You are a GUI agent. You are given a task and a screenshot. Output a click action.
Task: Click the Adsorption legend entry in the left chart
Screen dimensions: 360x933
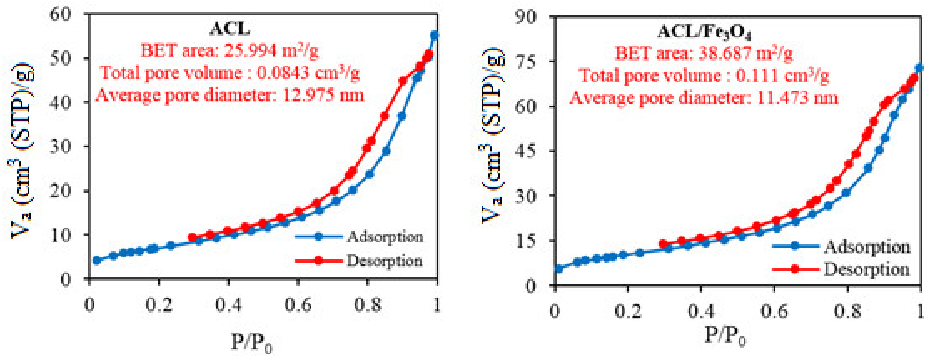coord(385,237)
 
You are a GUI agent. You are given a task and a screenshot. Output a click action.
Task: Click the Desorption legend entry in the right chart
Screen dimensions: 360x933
coord(866,269)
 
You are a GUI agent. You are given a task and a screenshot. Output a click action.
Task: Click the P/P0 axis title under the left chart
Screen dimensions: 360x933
coord(251,343)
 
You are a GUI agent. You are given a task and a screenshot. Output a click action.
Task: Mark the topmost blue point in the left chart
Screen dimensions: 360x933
coord(434,35)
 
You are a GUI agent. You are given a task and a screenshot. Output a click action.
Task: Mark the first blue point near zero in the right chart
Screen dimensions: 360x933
coord(559,269)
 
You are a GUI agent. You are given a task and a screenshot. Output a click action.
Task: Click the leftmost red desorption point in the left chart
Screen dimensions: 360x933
coord(193,238)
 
